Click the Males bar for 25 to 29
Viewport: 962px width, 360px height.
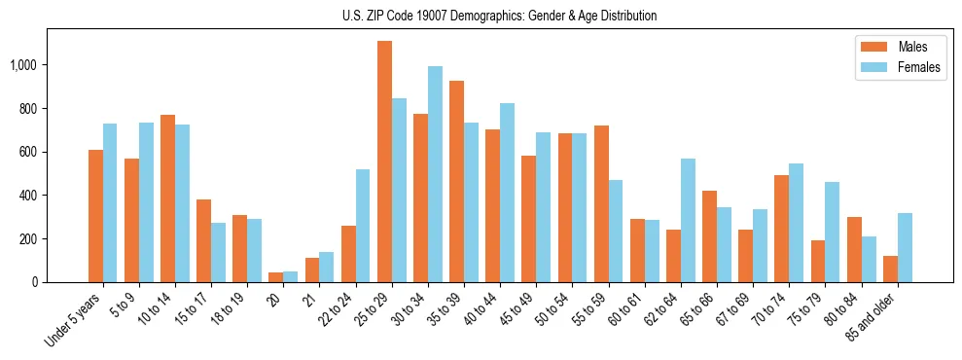(x=384, y=162)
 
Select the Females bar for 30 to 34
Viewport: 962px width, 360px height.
(x=435, y=174)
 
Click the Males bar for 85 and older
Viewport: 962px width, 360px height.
(x=889, y=269)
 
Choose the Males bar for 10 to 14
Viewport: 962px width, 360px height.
(x=167, y=198)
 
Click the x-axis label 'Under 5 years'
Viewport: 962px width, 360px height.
(x=74, y=318)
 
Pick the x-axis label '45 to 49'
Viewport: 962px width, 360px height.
(x=514, y=310)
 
